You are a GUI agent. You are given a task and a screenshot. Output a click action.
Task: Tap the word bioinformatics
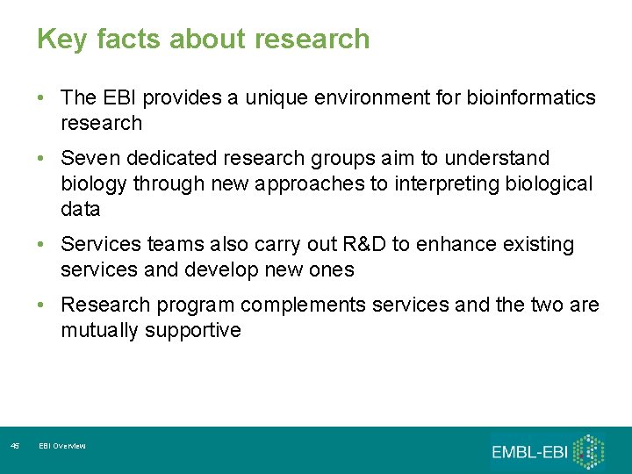pyautogui.click(x=536, y=97)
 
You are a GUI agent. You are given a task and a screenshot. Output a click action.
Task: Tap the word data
pyautogui.click(x=81, y=210)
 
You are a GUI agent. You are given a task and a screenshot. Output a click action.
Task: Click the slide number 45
pyautogui.click(x=14, y=447)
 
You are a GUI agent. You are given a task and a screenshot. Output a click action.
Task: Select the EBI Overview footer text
pyautogui.click(x=62, y=447)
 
